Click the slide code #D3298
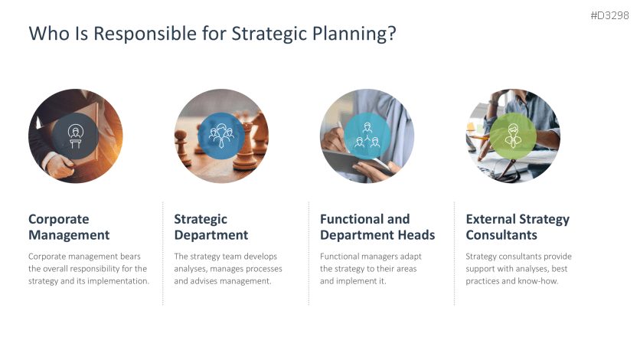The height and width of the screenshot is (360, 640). (609, 15)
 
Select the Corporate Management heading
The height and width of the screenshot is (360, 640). (69, 227)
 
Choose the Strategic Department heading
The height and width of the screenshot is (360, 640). (211, 227)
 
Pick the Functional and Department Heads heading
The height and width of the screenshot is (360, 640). (377, 227)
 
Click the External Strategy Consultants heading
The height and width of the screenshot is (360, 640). (518, 227)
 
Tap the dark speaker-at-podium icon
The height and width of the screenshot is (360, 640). (76, 136)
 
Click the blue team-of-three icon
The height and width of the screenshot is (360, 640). (221, 136)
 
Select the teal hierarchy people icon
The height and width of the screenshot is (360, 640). (367, 136)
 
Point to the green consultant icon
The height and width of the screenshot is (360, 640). (513, 136)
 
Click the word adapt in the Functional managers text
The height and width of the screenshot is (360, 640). (410, 257)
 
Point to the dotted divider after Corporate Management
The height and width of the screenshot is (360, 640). (163, 253)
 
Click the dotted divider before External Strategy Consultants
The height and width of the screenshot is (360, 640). (454, 253)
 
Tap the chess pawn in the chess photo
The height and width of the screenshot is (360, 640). (182, 146)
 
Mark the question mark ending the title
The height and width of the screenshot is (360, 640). (392, 34)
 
